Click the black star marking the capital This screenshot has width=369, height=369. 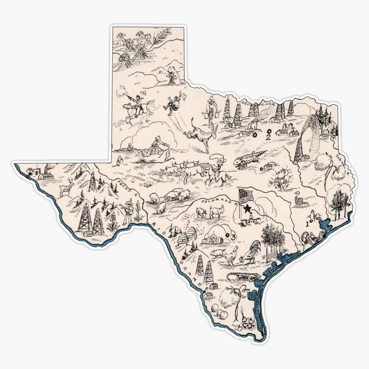click(x=245, y=209)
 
